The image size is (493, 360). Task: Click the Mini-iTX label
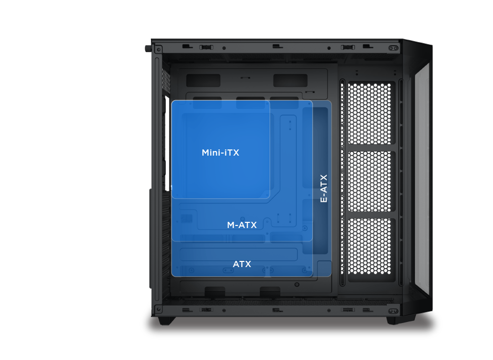click(220, 153)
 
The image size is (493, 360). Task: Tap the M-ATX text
click(242, 225)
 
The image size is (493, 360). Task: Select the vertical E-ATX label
click(324, 188)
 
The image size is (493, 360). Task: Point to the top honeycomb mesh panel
click(370, 113)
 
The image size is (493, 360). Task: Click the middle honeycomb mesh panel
click(370, 181)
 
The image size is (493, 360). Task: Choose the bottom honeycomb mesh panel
click(370, 246)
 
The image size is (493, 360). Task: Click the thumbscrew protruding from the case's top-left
click(148, 48)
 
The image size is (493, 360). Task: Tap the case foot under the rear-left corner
click(166, 320)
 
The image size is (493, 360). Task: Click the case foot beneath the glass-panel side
click(395, 320)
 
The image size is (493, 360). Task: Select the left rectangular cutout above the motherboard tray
click(203, 80)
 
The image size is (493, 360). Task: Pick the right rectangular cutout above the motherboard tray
click(290, 80)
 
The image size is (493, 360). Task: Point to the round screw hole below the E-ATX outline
click(297, 285)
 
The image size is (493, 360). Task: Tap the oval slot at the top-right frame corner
click(393, 48)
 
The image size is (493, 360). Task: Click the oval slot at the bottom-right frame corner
click(393, 311)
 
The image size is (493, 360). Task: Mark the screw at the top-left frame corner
click(159, 49)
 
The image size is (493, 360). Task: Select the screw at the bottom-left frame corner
click(159, 309)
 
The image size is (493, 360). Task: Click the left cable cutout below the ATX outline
click(215, 292)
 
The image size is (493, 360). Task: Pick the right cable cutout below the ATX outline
click(270, 292)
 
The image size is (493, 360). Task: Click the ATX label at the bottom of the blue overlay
click(242, 264)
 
